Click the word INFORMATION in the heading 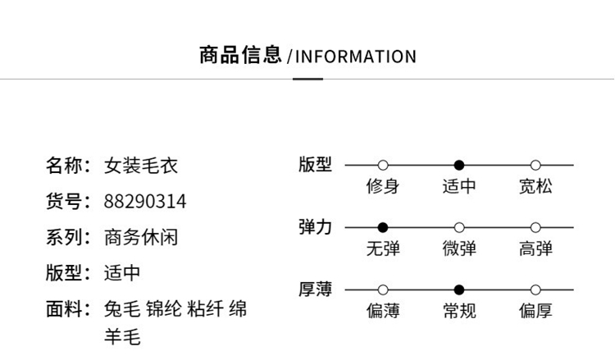[x=355, y=57]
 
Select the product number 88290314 [x=145, y=202]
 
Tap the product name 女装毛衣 [x=140, y=166]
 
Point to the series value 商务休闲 [x=140, y=238]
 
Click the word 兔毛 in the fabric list [x=121, y=309]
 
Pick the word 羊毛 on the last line [x=121, y=337]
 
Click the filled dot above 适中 [x=459, y=165]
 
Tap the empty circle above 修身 [x=383, y=165]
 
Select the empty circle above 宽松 [x=535, y=165]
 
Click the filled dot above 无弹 [x=383, y=227]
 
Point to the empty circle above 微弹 [x=459, y=227]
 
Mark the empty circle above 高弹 [x=535, y=227]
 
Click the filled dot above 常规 [x=459, y=289]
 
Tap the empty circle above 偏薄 [x=383, y=289]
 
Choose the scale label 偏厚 [x=535, y=311]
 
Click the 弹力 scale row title [x=315, y=226]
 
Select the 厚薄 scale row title [x=315, y=289]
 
